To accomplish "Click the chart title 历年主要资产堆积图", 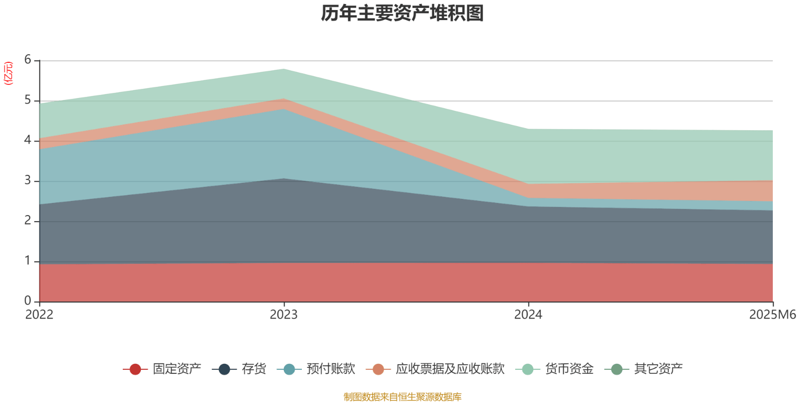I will click(403, 14).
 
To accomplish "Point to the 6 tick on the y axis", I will click(28, 60).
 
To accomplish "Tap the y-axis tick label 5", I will click(28, 100).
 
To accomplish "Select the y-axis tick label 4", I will click(28, 141).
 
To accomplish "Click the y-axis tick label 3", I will click(28, 181).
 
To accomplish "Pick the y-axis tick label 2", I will click(28, 221).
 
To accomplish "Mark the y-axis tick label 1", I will click(28, 261).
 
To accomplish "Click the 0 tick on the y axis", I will click(28, 301).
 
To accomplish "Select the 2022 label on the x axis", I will click(39, 315).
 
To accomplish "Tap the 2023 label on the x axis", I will click(284, 315).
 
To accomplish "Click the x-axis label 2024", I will click(528, 315).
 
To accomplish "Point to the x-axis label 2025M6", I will click(772, 315).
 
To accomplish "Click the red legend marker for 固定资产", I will click(135, 369).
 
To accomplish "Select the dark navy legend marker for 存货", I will click(224, 369).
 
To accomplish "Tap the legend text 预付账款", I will click(331, 369).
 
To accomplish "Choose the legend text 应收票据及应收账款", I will click(450, 369).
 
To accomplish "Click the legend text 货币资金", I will click(569, 369).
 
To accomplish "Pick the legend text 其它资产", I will click(658, 369).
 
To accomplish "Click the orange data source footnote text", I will click(403, 397).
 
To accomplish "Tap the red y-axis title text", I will click(9, 73).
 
